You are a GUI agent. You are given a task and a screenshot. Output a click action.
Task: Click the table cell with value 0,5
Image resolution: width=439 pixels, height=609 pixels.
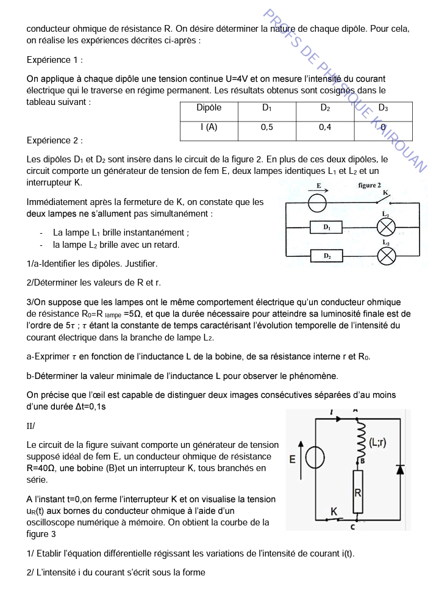pos(266,128)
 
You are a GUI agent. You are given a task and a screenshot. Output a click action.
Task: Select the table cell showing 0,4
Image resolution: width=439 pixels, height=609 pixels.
pos(325,128)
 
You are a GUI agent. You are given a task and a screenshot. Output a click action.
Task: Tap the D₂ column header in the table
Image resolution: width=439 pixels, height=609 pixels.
pos(325,108)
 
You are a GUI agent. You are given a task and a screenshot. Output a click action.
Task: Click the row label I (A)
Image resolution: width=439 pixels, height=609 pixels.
pos(209,128)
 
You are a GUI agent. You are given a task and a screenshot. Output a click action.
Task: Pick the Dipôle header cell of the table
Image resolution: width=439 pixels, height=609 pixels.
pos(209,108)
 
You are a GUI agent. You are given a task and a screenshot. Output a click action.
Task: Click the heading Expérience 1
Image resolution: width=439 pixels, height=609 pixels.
pos(55,60)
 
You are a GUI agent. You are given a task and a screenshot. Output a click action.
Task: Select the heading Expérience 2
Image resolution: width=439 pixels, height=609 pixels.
pos(55,140)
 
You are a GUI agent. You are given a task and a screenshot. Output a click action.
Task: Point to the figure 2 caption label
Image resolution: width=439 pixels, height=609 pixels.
pos(369,185)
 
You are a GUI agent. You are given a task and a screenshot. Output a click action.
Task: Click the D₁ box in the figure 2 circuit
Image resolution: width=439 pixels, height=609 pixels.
pos(327,228)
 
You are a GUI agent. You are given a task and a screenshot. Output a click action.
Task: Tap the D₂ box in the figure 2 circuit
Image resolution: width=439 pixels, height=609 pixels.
pos(327,256)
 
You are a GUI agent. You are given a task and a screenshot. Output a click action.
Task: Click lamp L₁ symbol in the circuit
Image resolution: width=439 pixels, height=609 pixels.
pos(386,228)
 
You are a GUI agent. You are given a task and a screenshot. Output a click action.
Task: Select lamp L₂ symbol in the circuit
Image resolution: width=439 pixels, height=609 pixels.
pos(386,256)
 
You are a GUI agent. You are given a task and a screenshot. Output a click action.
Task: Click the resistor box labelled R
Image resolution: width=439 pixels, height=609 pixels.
pos(358,492)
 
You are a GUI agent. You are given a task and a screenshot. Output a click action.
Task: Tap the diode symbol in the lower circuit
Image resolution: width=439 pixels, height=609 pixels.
pos(400,469)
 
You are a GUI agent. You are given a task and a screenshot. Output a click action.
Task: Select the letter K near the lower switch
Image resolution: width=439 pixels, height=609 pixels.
pos(334,510)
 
